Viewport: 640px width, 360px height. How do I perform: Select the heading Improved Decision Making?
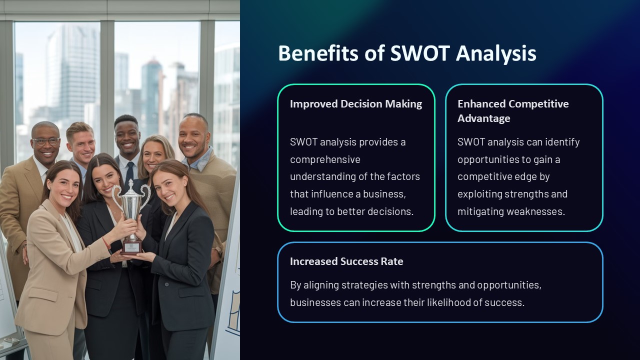355,104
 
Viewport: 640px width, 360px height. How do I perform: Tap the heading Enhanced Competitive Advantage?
512,110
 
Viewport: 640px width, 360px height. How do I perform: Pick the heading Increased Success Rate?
346,261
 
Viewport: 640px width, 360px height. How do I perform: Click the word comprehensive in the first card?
325,159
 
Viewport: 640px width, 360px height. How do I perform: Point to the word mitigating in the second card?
480,211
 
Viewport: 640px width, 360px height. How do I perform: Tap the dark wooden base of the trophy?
131,245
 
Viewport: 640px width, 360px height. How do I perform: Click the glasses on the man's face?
46,141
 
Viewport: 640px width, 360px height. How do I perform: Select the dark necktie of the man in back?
130,171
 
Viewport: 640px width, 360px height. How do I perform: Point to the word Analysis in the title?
496,53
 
